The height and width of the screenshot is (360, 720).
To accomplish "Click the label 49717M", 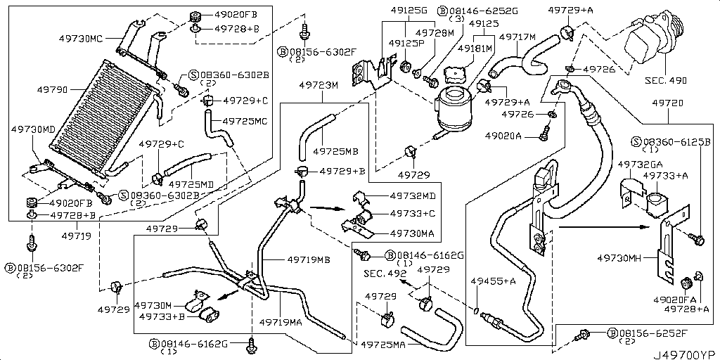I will point(517,37).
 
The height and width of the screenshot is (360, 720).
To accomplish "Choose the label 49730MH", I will point(622,259).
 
